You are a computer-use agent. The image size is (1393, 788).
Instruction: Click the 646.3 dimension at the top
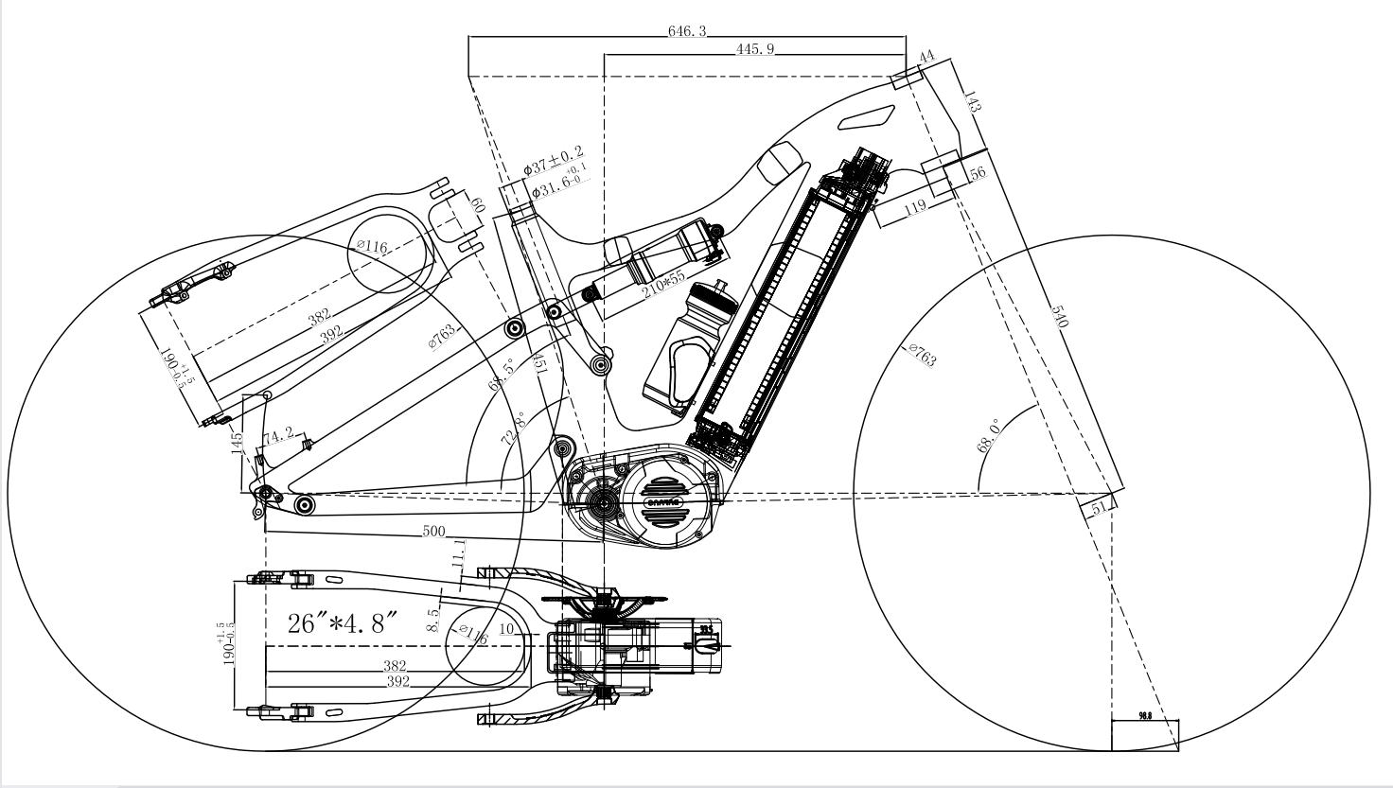(687, 31)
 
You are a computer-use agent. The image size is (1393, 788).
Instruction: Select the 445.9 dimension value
(755, 49)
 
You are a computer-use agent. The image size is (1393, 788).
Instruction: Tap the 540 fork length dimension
(1059, 316)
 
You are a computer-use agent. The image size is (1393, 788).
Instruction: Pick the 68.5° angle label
(498, 374)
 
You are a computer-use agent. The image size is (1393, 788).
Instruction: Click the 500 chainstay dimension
(434, 533)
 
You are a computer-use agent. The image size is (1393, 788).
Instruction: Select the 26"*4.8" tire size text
(343, 623)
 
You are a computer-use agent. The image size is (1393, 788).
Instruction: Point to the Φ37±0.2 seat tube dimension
(554, 161)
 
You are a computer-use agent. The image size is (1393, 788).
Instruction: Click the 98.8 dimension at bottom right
(1144, 716)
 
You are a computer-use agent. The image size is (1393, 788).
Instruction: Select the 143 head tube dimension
(972, 101)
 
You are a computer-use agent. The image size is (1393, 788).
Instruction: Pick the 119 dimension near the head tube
(915, 208)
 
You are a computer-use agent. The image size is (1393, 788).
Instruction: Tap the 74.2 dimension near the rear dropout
(277, 436)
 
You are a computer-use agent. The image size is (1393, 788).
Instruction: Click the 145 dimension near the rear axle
(238, 440)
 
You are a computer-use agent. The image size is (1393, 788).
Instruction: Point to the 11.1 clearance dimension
(459, 552)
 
